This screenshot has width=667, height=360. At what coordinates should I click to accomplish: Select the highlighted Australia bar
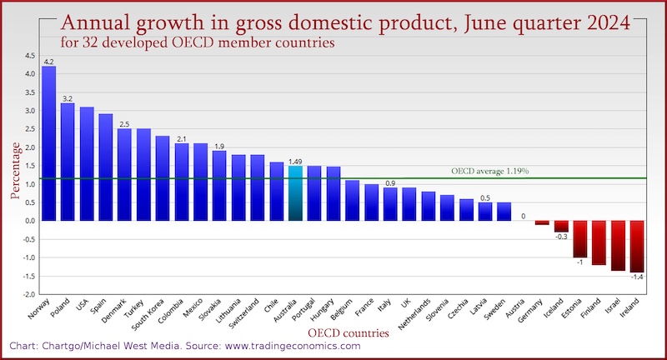click(x=295, y=193)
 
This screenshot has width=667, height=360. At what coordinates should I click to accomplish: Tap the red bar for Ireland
click(x=637, y=247)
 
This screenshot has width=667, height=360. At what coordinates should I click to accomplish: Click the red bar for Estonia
click(x=579, y=239)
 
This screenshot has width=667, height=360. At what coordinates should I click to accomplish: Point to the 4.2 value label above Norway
click(x=49, y=62)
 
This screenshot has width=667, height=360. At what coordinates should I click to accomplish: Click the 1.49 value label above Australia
click(x=295, y=161)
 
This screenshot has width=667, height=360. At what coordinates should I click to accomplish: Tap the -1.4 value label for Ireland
click(x=637, y=277)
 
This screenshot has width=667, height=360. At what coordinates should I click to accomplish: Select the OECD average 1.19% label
click(x=490, y=171)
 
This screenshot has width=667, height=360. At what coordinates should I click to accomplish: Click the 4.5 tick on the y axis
click(x=30, y=56)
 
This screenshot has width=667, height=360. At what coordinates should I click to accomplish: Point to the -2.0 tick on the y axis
click(x=29, y=294)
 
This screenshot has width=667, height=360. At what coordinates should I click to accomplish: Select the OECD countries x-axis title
click(x=349, y=333)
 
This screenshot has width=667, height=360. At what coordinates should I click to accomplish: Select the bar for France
click(x=371, y=202)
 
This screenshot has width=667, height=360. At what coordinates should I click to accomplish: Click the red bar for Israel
click(x=618, y=245)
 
